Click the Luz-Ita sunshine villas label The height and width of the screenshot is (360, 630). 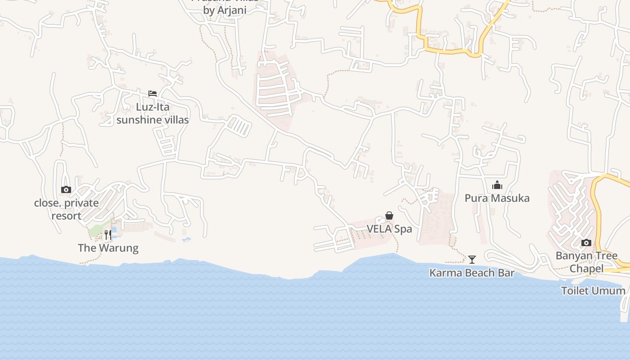pyautogui.click(x=153, y=113)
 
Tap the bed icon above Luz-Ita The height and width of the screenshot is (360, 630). pyautogui.click(x=153, y=94)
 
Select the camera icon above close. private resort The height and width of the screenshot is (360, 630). pyautogui.click(x=66, y=190)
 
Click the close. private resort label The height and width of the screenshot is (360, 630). pyautogui.click(x=66, y=209)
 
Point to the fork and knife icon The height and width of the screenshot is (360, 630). pyautogui.click(x=108, y=234)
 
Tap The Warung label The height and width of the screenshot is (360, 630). pyautogui.click(x=108, y=248)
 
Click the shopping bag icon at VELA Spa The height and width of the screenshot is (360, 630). pyautogui.click(x=389, y=216)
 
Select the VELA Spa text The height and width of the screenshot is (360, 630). pyautogui.click(x=389, y=229)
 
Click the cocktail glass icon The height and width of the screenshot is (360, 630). pyautogui.click(x=472, y=259)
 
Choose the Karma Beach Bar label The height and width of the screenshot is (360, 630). pyautogui.click(x=472, y=273)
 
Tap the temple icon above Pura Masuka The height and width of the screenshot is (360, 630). pyautogui.click(x=497, y=185)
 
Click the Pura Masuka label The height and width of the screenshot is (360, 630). pyautogui.click(x=497, y=198)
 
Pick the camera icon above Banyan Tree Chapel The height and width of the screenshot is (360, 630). pyautogui.click(x=586, y=243)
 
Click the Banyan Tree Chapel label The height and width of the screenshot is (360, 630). pyautogui.click(x=586, y=262)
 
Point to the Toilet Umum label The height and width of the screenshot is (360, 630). pyautogui.click(x=593, y=291)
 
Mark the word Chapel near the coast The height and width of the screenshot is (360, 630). pyautogui.click(x=586, y=269)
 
